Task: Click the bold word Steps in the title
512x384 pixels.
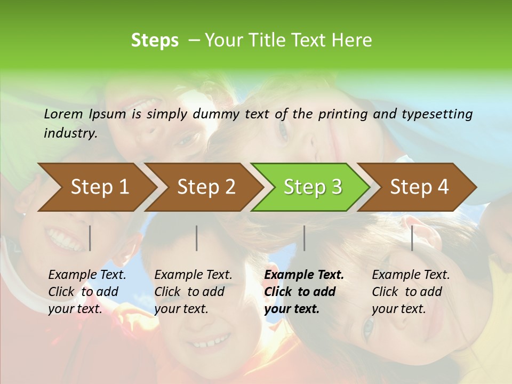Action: click(x=155, y=41)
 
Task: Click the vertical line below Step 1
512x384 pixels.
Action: click(x=90, y=238)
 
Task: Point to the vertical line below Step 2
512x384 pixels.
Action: click(x=197, y=238)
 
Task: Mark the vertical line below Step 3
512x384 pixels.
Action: click(x=305, y=238)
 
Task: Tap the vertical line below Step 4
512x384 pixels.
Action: click(x=412, y=238)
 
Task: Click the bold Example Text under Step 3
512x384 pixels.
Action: click(x=304, y=292)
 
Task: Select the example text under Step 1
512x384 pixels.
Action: click(x=87, y=292)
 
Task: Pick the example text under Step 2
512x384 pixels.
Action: click(x=193, y=292)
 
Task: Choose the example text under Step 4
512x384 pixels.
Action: click(x=411, y=292)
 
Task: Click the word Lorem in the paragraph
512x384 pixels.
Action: click(x=63, y=114)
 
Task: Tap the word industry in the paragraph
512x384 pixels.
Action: click(x=70, y=133)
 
